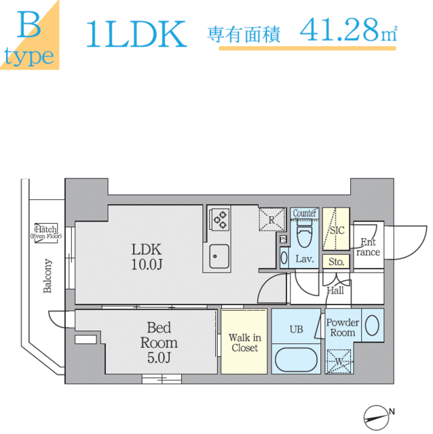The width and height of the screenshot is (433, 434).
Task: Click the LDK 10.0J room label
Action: pyautogui.click(x=147, y=256)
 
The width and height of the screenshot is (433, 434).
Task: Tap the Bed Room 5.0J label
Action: pyautogui.click(x=159, y=342)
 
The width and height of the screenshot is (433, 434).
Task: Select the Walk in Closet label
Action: pyautogui.click(x=244, y=342)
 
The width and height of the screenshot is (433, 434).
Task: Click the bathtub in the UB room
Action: pyautogui.click(x=296, y=359)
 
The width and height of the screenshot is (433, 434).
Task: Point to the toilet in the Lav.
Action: pyautogui.click(x=304, y=233)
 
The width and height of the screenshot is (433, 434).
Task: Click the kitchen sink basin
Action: pyautogui.click(x=219, y=256)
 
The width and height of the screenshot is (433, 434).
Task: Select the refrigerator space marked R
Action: pyautogui.click(x=271, y=220)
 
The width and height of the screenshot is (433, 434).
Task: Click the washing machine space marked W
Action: pyautogui.click(x=339, y=361)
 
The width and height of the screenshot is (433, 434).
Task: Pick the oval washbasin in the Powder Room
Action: pyautogui.click(x=372, y=325)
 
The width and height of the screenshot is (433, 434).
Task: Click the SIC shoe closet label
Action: pyautogui.click(x=337, y=231)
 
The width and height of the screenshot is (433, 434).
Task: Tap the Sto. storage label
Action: pyautogui.click(x=336, y=262)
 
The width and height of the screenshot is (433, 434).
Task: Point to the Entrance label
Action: pyautogui.click(x=368, y=247)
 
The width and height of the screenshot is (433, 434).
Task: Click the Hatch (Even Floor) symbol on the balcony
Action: pyautogui.click(x=46, y=233)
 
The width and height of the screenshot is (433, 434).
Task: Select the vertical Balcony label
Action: pyautogui.click(x=48, y=276)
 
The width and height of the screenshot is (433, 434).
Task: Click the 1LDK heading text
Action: pyautogui.click(x=136, y=34)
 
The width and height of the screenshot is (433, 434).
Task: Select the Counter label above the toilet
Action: pyautogui.click(x=304, y=213)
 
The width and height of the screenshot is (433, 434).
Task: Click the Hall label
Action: pyautogui.click(x=335, y=290)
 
